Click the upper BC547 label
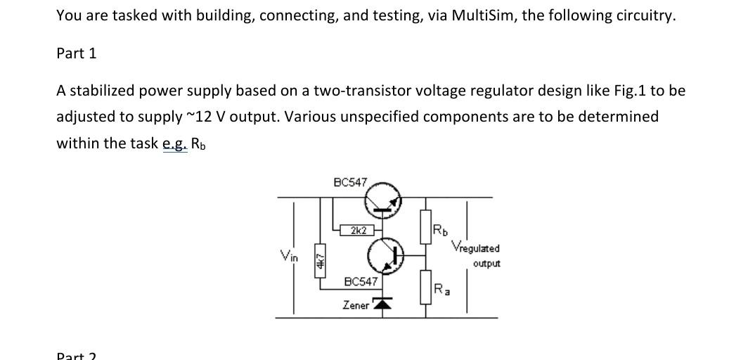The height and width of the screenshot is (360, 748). click(349, 182)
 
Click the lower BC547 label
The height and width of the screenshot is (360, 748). click(361, 281)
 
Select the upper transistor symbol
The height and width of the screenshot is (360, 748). click(382, 200)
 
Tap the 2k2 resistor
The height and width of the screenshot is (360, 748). click(357, 230)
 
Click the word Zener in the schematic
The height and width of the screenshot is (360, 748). click(356, 304)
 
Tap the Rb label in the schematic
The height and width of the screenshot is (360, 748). click(439, 230)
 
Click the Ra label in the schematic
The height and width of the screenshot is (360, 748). click(440, 288)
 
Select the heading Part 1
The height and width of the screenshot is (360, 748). click(77, 53)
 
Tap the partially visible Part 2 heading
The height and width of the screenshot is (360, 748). click(77, 355)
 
